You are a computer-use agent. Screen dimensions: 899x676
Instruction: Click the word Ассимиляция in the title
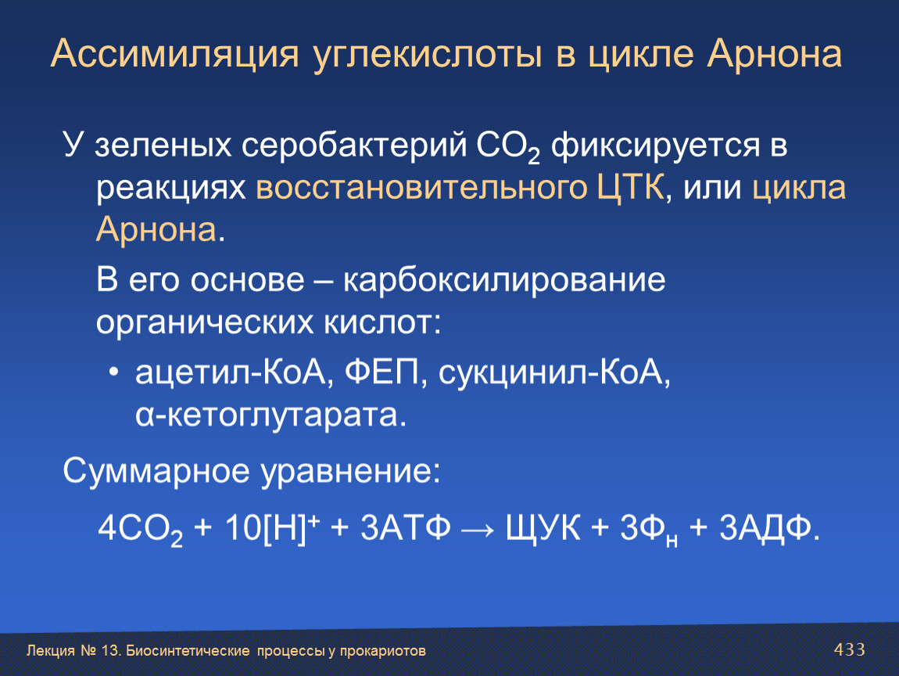pyautogui.click(x=175, y=55)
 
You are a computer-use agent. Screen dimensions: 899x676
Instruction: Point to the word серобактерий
pyautogui.click(x=354, y=146)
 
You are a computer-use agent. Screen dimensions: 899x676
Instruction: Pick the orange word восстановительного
pyautogui.click(x=421, y=189)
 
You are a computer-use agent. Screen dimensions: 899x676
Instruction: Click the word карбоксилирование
pyautogui.click(x=504, y=281)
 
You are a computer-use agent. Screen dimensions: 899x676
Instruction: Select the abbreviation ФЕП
pyautogui.click(x=382, y=373)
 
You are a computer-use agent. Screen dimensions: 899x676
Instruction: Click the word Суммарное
pyautogui.click(x=156, y=472)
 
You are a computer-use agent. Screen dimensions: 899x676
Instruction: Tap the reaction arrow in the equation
pyautogui.click(x=477, y=529)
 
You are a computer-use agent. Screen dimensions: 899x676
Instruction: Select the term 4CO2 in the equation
pyautogui.click(x=141, y=529)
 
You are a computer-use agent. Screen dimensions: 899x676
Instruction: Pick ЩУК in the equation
pyautogui.click(x=543, y=528)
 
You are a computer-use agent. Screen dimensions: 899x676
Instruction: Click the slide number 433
pyautogui.click(x=849, y=649)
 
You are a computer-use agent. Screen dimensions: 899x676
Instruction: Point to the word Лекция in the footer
pyautogui.click(x=51, y=651)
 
